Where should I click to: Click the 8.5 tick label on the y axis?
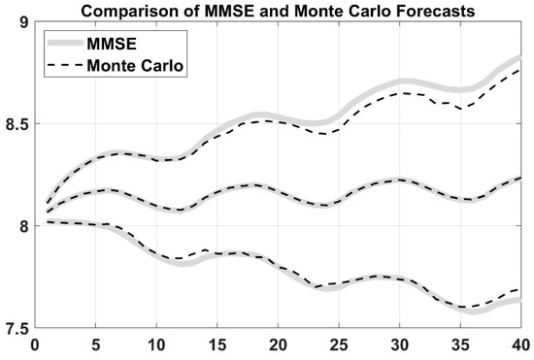point(17,124)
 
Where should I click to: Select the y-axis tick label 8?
point(22,226)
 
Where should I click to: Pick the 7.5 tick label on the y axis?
point(17,327)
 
